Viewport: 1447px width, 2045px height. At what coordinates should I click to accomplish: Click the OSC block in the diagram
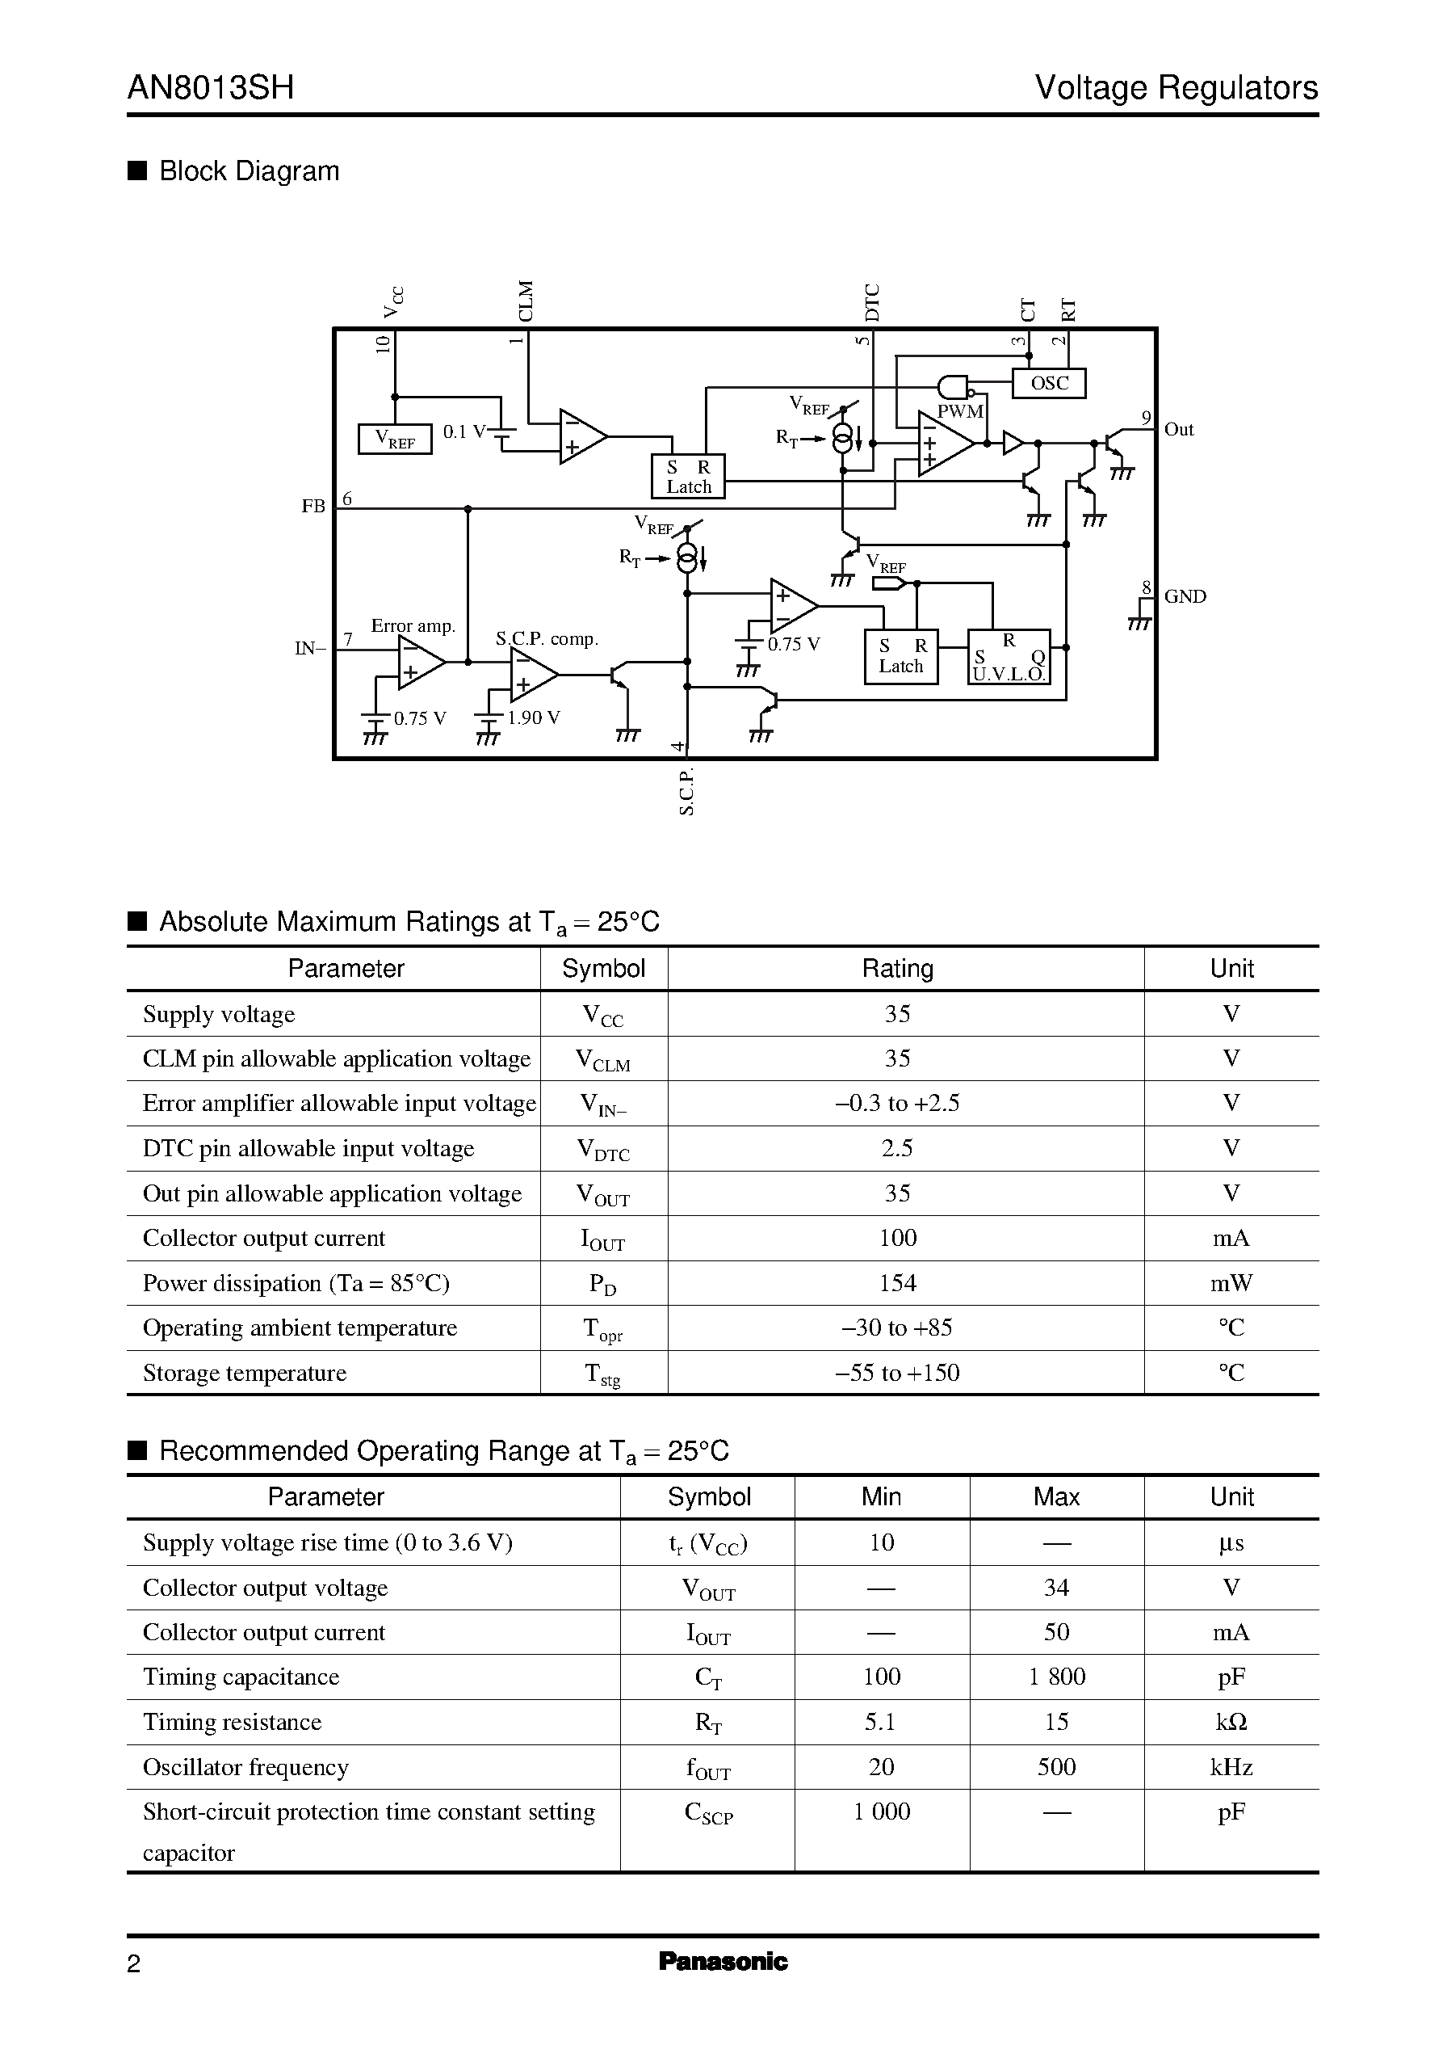coord(1049,383)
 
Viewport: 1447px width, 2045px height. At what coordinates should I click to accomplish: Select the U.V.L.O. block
coord(1009,658)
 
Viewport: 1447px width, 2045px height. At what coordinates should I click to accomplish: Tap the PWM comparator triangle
coord(945,443)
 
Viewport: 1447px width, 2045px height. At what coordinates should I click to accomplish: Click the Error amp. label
coord(413,626)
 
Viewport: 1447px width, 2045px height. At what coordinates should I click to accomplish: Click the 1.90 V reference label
coord(533,717)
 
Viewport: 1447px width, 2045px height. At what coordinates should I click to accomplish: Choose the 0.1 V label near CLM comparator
coord(463,431)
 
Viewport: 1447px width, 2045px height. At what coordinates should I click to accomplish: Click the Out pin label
coord(1178,430)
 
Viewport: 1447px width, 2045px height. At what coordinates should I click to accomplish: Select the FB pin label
coord(312,507)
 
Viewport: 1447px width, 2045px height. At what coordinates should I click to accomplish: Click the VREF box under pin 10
coord(395,439)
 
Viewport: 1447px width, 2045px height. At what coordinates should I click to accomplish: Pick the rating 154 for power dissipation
coord(897,1283)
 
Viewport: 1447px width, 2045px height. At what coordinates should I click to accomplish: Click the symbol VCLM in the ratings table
coord(603,1060)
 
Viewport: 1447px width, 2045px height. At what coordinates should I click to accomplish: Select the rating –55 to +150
coord(897,1373)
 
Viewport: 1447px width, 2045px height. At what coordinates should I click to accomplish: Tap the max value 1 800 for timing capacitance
coord(1056,1677)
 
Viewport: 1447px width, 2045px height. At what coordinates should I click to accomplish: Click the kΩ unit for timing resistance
coord(1231,1723)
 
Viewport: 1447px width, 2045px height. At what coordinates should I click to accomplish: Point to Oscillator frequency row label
coord(246,1767)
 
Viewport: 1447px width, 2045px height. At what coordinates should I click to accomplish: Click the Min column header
coord(881,1496)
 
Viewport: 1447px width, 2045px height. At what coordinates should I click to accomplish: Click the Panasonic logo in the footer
coord(723,1961)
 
